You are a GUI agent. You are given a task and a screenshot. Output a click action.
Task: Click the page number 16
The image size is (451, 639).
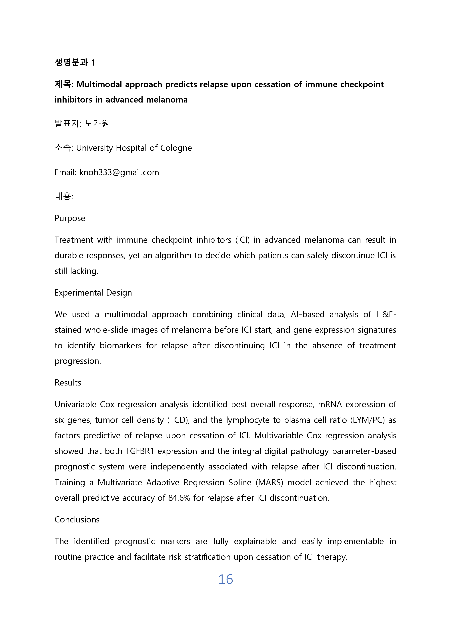[225, 580]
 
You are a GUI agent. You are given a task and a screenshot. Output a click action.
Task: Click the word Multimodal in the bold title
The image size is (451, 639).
[99, 84]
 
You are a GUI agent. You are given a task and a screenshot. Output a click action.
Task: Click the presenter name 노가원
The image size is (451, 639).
[97, 123]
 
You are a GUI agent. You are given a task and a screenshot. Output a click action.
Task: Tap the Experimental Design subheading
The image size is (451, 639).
[93, 293]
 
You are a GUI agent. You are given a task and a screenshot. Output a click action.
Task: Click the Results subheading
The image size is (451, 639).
[68, 383]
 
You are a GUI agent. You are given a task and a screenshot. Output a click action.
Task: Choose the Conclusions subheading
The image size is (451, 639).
[77, 520]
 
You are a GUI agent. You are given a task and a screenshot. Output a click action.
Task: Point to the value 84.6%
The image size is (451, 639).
[179, 498]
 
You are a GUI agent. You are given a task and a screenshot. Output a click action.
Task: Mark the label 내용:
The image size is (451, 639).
[64, 196]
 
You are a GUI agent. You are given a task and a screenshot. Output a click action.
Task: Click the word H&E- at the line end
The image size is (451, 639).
[386, 314]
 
